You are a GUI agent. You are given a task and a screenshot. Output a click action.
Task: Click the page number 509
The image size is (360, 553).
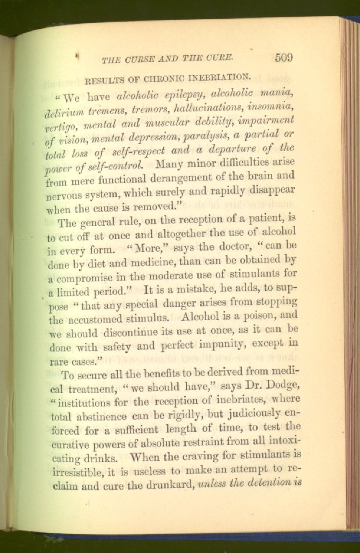[284, 58]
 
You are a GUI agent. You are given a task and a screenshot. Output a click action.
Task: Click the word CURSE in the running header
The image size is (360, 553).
[134, 60]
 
